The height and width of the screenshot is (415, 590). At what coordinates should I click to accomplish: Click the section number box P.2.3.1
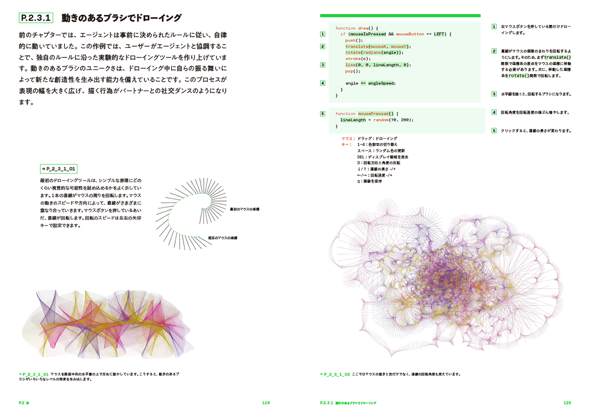point(36,18)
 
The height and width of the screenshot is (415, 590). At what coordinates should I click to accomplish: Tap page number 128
point(265,403)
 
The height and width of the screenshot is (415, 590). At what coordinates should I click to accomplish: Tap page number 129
point(567,403)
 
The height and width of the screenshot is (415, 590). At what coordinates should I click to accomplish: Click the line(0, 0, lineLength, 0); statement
point(378,65)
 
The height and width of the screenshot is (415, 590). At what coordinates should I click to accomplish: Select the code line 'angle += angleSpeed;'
point(370,83)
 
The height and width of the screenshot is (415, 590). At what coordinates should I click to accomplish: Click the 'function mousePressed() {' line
point(366,113)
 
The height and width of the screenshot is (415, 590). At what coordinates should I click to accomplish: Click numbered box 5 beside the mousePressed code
point(323,113)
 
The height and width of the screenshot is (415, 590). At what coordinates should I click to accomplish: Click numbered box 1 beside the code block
point(323,34)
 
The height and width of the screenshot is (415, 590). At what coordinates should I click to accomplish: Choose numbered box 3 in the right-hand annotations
point(494,94)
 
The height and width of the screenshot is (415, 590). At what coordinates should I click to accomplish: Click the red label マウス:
point(348,139)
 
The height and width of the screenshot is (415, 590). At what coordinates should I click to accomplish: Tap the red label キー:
point(346,145)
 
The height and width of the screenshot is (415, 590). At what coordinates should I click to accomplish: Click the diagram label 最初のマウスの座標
point(244,209)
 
